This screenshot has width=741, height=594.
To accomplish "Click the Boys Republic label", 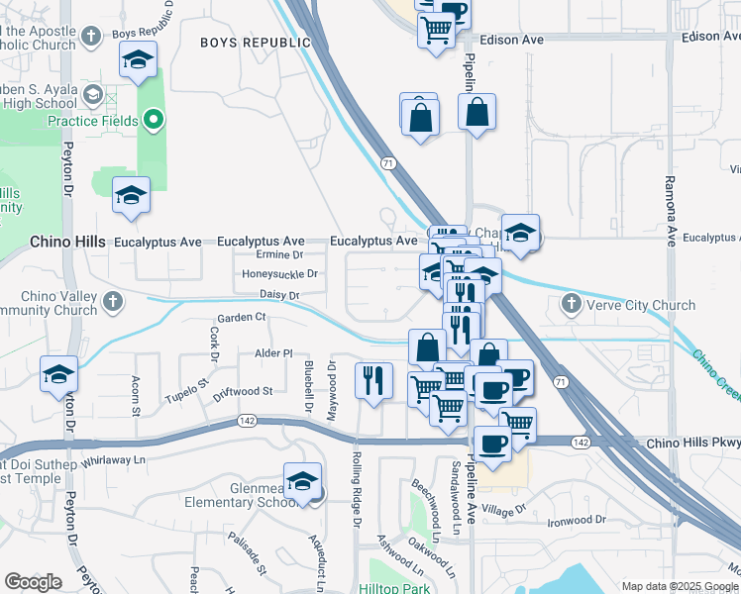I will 255,43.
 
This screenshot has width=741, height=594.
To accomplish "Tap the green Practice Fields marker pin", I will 153,121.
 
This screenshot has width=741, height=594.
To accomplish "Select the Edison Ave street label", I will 511,41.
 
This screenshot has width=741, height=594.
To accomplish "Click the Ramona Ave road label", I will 670,203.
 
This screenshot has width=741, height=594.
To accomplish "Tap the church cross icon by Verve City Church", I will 571,303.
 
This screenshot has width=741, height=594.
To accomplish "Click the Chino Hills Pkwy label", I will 692,443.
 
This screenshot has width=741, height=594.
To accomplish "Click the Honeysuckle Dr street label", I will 280,274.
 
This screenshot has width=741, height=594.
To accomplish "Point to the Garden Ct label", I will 242,317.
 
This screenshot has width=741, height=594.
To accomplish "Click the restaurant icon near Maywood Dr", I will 373,382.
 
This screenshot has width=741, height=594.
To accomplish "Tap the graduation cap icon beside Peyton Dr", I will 58,375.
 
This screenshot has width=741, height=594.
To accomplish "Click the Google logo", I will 32,582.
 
